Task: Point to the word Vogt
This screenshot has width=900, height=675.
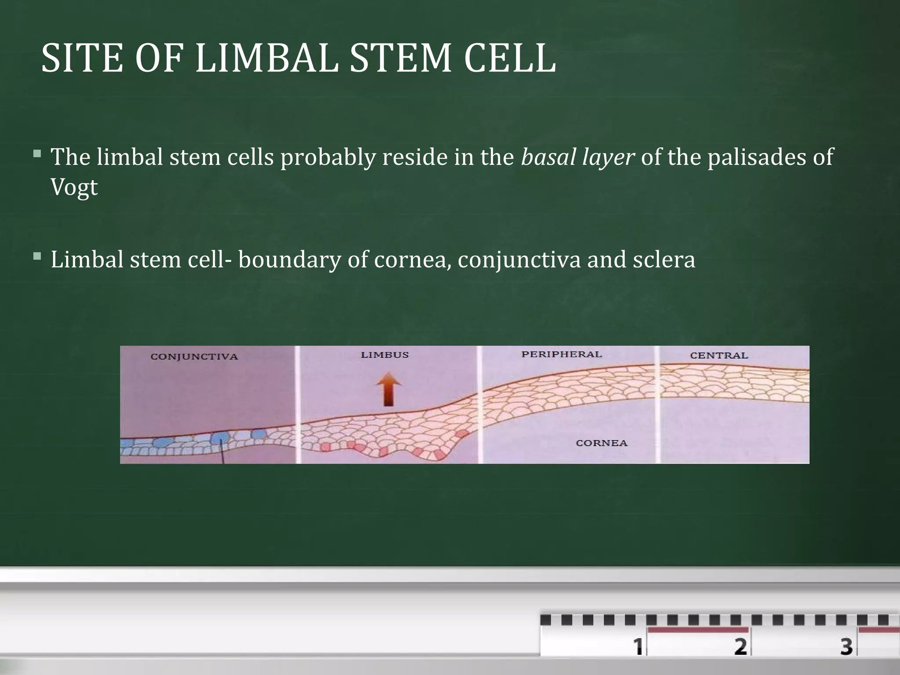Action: tap(74, 188)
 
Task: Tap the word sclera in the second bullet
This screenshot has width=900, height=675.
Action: tap(664, 259)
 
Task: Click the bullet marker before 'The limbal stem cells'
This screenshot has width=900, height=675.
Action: tap(37, 154)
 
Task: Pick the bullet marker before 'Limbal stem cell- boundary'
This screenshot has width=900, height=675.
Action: tap(37, 256)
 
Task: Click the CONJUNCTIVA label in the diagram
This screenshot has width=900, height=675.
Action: tap(194, 356)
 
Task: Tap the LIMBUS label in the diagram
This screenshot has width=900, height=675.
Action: tap(385, 355)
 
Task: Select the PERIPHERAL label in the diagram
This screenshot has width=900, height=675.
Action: tap(561, 354)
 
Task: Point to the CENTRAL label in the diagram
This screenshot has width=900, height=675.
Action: tap(719, 356)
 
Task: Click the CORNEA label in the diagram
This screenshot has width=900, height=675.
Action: tap(602, 443)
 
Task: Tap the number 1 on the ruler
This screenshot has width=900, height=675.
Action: tap(638, 646)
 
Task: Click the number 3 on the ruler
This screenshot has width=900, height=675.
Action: tap(846, 646)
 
